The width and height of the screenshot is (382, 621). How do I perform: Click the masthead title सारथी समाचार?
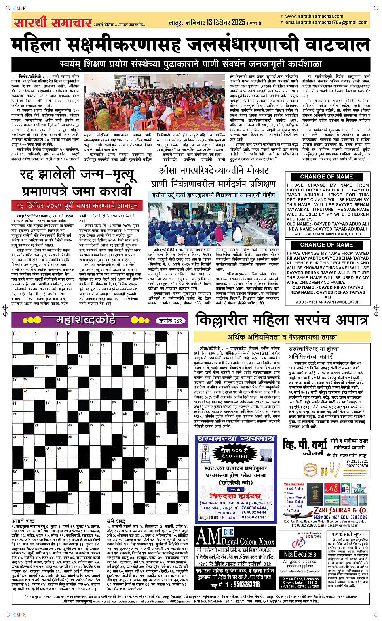(53, 22)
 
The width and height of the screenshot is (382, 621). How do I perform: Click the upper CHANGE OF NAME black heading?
(326, 176)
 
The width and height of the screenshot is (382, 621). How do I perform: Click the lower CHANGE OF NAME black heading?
(326, 245)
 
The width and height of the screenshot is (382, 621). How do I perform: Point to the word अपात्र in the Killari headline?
(344, 320)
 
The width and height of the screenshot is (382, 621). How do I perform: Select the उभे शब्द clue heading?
(116, 521)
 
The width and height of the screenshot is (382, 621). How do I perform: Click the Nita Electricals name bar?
(300, 554)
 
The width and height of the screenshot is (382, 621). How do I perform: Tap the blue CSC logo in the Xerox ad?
(228, 532)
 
